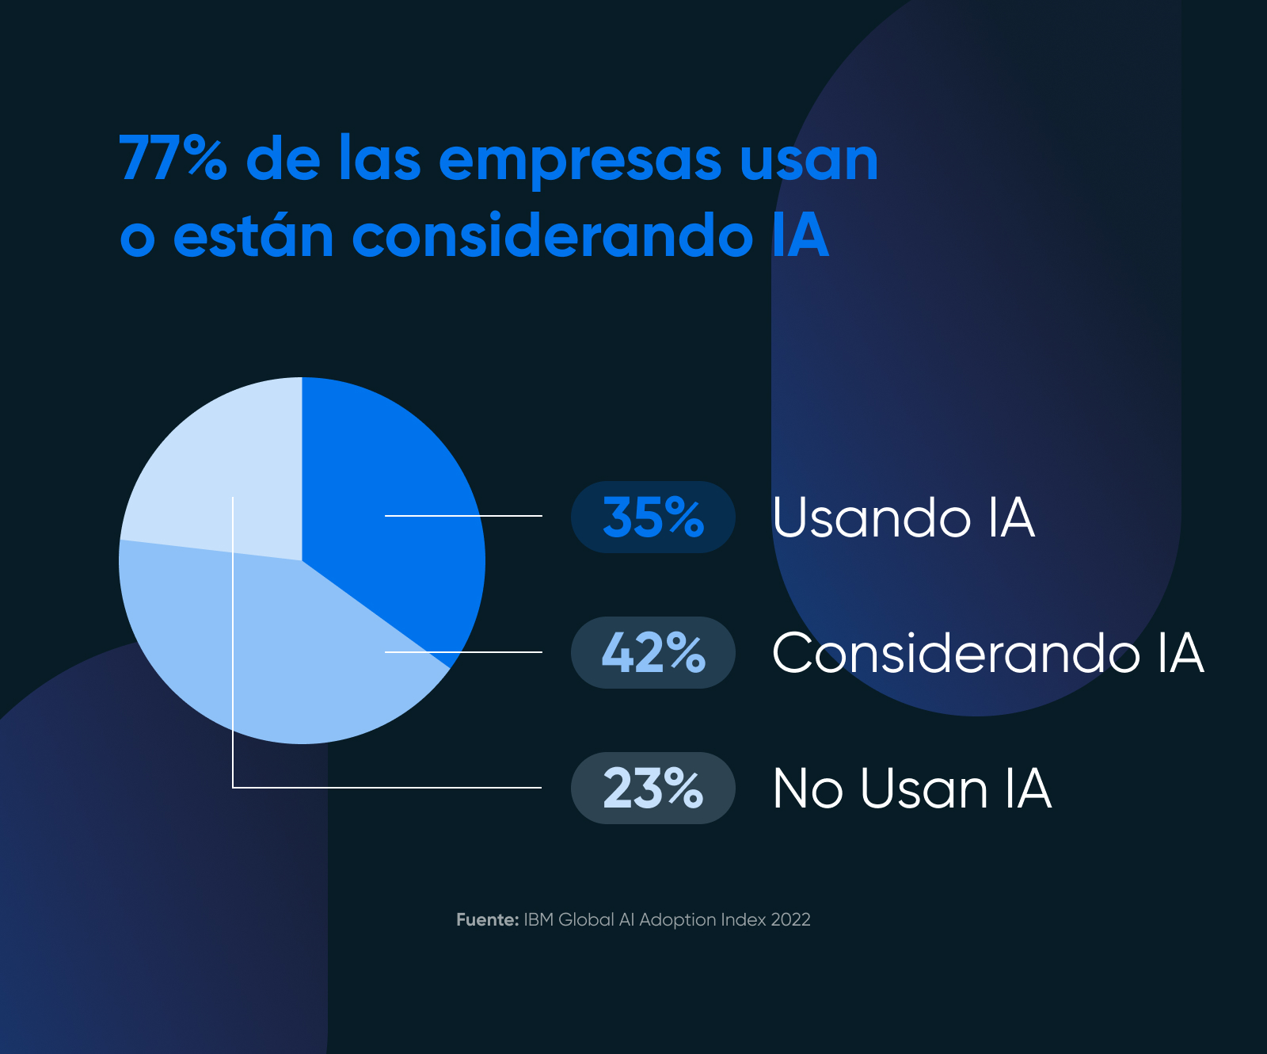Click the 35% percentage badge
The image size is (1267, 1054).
pyautogui.click(x=653, y=517)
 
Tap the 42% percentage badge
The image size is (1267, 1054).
pyautogui.click(x=653, y=653)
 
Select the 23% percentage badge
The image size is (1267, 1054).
pyautogui.click(x=653, y=789)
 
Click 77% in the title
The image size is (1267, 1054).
pyautogui.click(x=173, y=158)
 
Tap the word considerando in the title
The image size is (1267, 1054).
pyautogui.click(x=552, y=235)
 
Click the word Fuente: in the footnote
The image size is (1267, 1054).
pyautogui.click(x=487, y=920)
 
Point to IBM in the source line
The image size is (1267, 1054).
pyautogui.click(x=538, y=920)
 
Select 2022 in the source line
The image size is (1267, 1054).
pyautogui.click(x=790, y=920)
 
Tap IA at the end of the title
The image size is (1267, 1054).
pyautogui.click(x=801, y=235)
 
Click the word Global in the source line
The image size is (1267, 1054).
pyautogui.click(x=586, y=920)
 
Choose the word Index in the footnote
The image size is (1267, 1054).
pyautogui.click(x=743, y=920)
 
